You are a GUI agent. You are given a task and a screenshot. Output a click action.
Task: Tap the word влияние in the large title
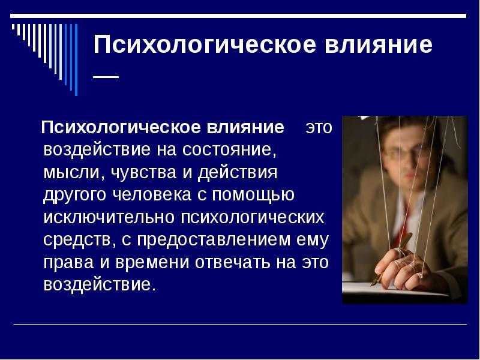click(379, 44)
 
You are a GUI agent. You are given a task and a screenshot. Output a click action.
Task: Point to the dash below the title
click(106, 77)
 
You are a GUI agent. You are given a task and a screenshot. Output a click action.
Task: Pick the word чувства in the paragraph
click(143, 173)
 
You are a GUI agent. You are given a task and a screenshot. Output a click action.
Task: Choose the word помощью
click(253, 195)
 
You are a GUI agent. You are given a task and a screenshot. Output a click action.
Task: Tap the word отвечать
click(232, 263)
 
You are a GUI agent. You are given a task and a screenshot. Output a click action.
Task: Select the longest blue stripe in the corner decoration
click(76, 59)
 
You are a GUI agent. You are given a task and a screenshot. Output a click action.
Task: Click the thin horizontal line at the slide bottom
click(241, 324)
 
